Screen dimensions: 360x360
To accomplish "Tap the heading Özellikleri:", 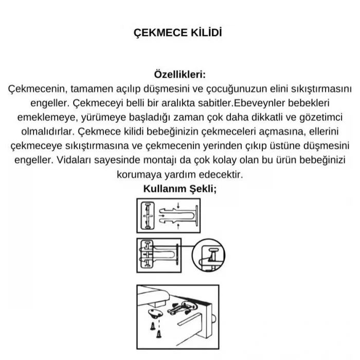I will [179, 75].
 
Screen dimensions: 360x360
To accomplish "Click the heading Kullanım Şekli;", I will [179, 188].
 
